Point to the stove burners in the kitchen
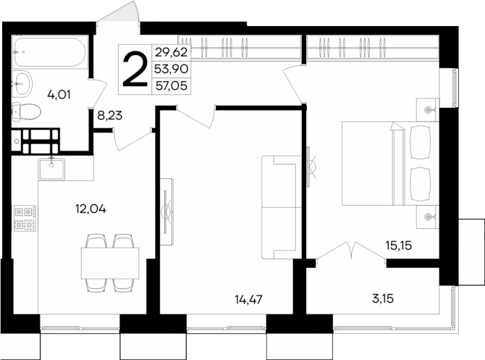[25, 219]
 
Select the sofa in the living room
[279, 206]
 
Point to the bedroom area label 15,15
[398, 246]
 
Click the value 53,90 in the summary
[170, 67]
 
